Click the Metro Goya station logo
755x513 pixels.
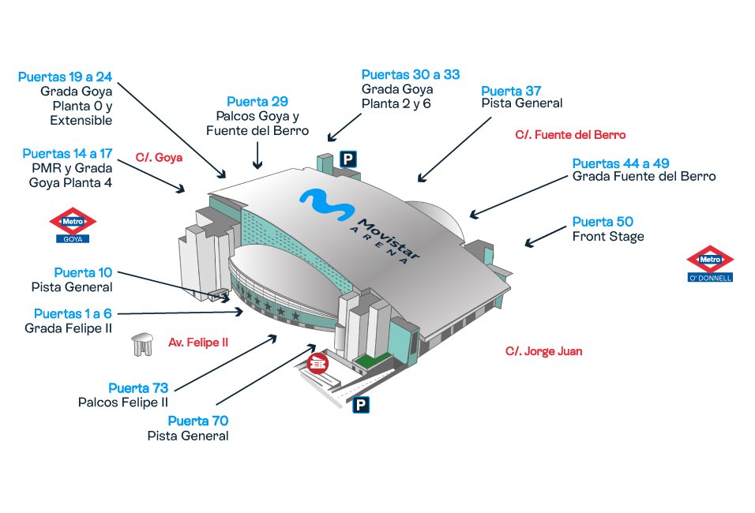73,225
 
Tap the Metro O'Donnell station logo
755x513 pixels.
710,264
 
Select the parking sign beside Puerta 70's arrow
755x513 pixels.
361,405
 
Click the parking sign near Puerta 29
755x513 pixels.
348,159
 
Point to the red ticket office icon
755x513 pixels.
317,363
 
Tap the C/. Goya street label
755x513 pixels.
159,157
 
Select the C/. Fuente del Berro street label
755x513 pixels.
570,135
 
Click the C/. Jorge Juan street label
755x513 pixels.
543,351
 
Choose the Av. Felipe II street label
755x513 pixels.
198,343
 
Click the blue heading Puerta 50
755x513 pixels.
603,222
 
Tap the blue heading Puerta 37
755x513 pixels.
511,91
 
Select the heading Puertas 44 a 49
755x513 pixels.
621,163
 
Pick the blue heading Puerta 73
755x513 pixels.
138,388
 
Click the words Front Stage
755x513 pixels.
608,237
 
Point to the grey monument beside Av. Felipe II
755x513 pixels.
142,345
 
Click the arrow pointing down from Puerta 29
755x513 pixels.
257,155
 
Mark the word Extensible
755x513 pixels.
81,120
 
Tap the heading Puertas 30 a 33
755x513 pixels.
410,75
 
